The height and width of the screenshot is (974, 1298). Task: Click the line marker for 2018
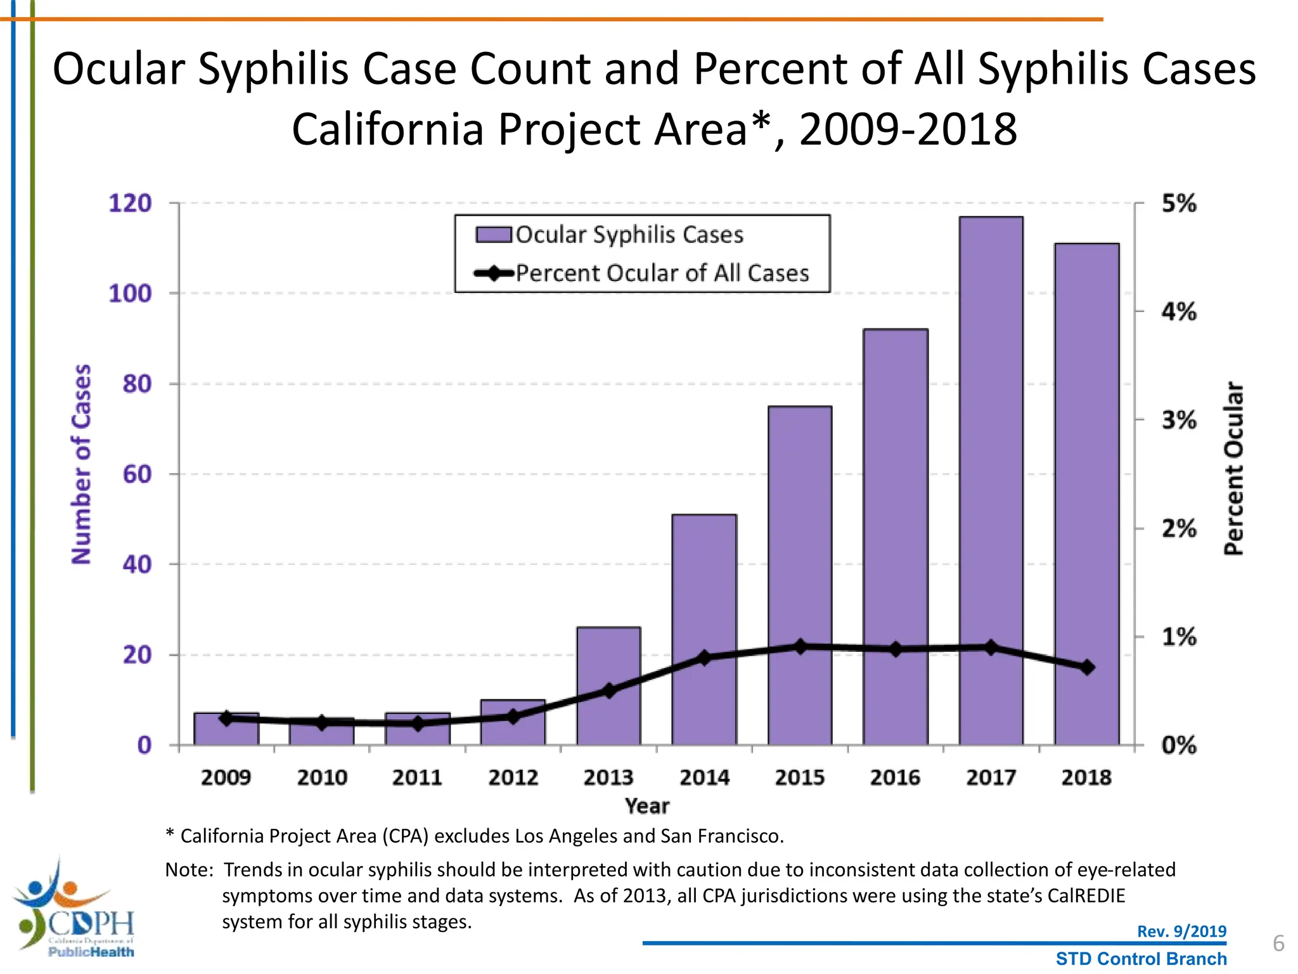pyautogui.click(x=1087, y=667)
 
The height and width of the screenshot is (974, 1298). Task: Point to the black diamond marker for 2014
pyautogui.click(x=704, y=658)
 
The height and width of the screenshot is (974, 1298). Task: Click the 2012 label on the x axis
pyautogui.click(x=513, y=777)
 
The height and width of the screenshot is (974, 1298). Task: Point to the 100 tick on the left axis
pyautogui.click(x=130, y=294)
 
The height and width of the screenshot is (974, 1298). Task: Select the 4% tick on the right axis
pyautogui.click(x=1179, y=311)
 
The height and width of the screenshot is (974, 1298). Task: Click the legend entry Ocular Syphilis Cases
pyautogui.click(x=629, y=235)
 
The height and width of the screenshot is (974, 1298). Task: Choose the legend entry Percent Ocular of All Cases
pyautogui.click(x=662, y=273)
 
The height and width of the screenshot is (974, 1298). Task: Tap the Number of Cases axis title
pyautogui.click(x=81, y=464)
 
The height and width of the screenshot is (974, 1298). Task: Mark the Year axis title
pyautogui.click(x=646, y=806)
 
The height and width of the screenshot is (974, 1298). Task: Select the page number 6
pyautogui.click(x=1278, y=944)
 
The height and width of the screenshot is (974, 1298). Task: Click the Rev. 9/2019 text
pyautogui.click(x=1181, y=931)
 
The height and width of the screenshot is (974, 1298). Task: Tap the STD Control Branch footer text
pyautogui.click(x=1141, y=959)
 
